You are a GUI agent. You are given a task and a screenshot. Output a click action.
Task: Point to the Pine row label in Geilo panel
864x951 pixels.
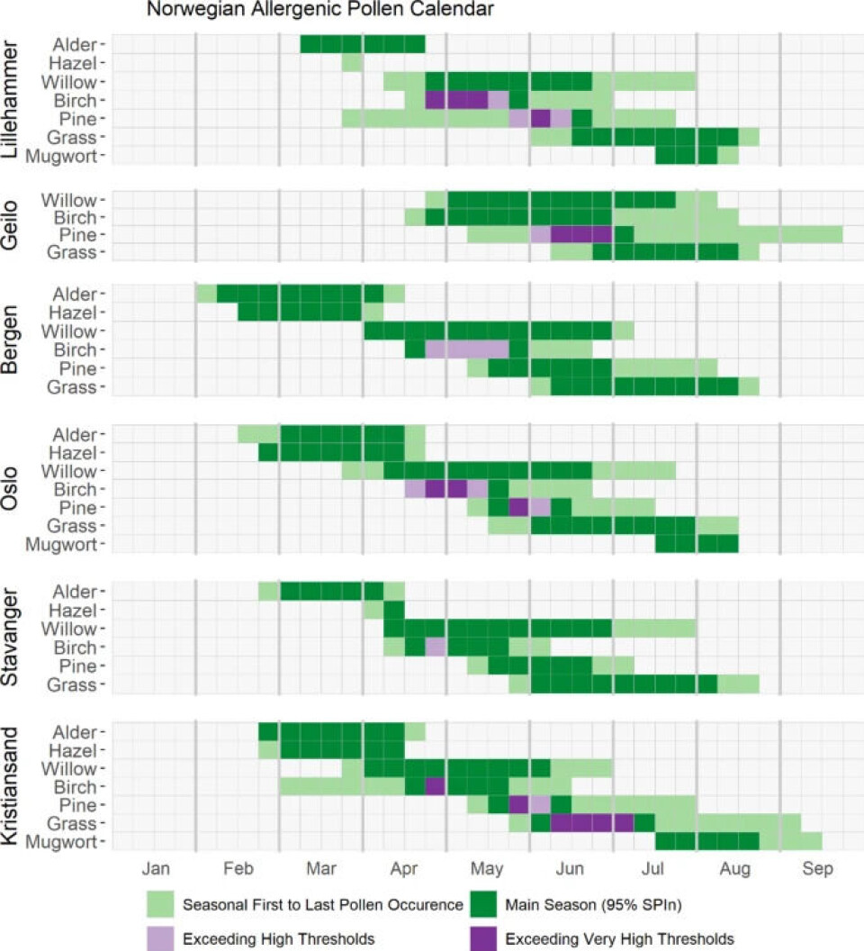point(82,234)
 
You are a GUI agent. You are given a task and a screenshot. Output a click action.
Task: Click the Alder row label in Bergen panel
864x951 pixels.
point(77,294)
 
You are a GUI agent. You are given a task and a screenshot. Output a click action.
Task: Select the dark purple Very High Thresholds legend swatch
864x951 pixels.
point(486,939)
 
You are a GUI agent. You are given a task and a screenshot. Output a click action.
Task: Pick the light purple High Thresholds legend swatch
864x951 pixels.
point(162,939)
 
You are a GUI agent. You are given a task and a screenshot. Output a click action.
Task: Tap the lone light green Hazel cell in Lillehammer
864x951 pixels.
point(352,63)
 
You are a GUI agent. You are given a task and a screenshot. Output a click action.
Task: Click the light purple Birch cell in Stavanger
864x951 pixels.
point(436,647)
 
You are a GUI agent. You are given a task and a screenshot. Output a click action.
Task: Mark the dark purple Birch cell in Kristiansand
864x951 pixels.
point(436,786)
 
